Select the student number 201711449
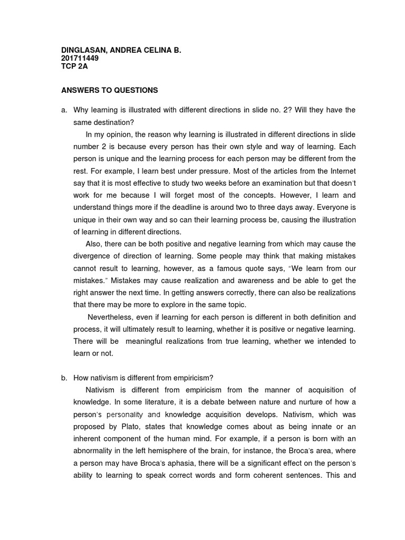(80, 58)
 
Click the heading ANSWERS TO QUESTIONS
(110, 90)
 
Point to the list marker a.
(64, 110)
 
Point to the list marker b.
(64, 378)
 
